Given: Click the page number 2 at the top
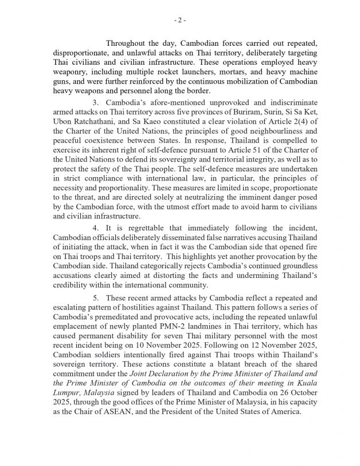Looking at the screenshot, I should (x=179, y=21).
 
